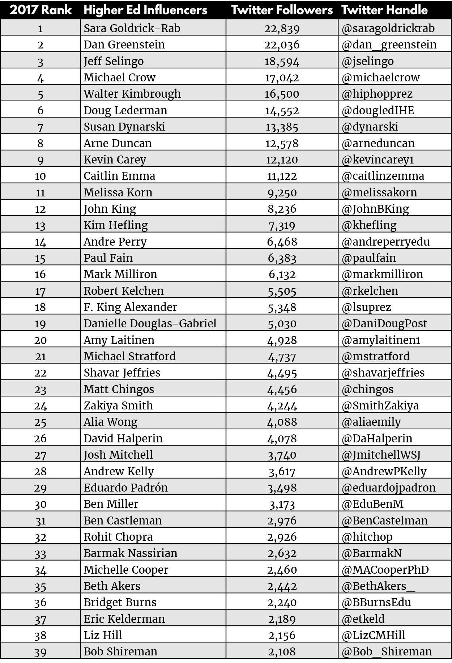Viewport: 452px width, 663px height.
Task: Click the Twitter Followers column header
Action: (282, 10)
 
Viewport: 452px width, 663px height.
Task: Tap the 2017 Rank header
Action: (40, 10)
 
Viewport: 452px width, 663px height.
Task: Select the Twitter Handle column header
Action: (384, 10)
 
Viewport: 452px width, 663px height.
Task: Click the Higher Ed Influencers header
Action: (145, 10)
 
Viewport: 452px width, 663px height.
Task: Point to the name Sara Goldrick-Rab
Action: (132, 28)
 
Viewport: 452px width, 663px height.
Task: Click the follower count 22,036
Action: (282, 44)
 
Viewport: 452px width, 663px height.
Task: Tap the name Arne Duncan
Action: (118, 143)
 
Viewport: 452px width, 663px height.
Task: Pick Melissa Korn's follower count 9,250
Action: (282, 192)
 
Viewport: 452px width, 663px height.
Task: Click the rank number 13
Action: (40, 225)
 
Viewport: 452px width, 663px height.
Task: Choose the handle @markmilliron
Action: (382, 274)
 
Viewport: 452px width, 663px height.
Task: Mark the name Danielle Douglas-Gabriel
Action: (150, 323)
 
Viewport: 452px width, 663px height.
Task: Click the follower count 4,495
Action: (282, 373)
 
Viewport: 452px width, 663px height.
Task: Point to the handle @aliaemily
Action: (371, 422)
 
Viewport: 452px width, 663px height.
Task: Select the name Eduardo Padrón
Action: (125, 488)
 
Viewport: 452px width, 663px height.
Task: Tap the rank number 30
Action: (40, 504)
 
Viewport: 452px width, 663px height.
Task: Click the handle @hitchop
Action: (367, 537)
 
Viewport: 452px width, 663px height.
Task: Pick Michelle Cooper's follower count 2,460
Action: (282, 570)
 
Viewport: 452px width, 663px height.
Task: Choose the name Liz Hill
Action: (103, 635)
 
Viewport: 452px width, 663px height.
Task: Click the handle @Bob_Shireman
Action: (387, 651)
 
